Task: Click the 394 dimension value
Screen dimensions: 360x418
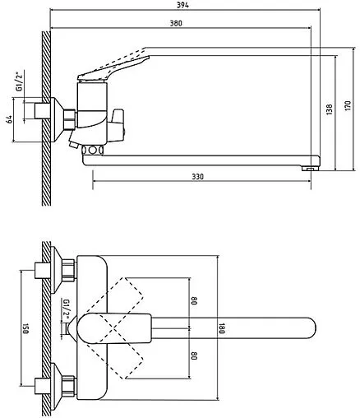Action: click(182, 5)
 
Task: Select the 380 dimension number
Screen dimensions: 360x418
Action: click(176, 23)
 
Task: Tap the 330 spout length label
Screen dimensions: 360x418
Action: click(197, 177)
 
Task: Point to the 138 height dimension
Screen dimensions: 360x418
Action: click(330, 109)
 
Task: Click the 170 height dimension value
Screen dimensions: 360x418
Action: click(348, 105)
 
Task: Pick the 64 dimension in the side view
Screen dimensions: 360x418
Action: click(10, 119)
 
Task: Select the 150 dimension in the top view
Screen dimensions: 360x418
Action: click(25, 328)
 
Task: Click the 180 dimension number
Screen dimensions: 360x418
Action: click(222, 328)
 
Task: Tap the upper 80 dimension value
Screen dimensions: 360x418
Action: click(194, 301)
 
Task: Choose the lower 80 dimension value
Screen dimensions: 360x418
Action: click(194, 356)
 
